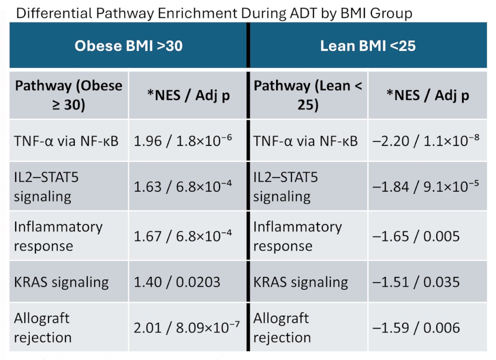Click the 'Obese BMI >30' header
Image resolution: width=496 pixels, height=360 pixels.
(x=129, y=46)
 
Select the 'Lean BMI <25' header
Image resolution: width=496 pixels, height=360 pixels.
(x=368, y=46)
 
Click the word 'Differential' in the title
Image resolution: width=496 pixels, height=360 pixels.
(x=54, y=13)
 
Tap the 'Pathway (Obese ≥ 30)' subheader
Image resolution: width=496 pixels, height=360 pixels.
(x=69, y=95)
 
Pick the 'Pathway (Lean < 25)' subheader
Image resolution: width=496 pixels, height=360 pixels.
(x=308, y=95)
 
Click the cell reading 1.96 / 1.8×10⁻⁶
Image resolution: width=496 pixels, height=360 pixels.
(x=183, y=141)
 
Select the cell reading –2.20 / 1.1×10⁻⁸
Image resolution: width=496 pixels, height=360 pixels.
(x=426, y=141)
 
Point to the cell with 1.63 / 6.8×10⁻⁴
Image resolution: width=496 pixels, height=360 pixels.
(x=183, y=186)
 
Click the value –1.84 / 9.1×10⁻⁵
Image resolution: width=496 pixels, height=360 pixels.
(x=426, y=186)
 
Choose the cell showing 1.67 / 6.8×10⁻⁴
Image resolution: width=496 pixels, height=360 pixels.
(x=183, y=236)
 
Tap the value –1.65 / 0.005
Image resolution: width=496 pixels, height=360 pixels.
(x=416, y=236)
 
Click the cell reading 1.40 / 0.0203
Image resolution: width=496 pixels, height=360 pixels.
(x=177, y=282)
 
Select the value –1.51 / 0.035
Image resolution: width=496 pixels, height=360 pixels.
(x=416, y=282)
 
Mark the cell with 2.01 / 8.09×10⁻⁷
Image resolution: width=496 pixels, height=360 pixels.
(x=187, y=327)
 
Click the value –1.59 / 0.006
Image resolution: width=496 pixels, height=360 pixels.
(x=416, y=328)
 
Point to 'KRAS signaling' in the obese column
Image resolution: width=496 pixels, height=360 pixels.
(x=61, y=282)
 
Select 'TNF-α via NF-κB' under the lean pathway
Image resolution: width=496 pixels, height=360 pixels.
(x=305, y=141)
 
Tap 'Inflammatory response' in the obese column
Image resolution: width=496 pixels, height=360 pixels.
(x=58, y=236)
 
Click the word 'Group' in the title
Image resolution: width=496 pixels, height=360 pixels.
(x=391, y=14)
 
